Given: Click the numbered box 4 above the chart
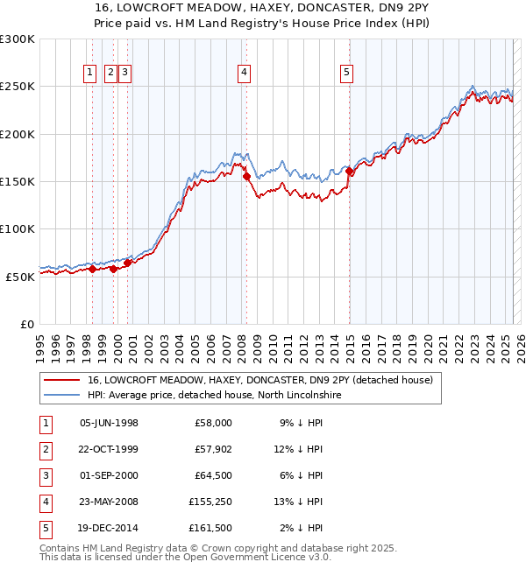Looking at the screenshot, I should click(x=243, y=74).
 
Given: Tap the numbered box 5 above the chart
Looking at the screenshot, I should click(x=347, y=74).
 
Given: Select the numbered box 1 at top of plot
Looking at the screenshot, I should click(x=90, y=74).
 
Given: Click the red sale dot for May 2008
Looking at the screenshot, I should click(x=246, y=176).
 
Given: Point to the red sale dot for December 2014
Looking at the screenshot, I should click(x=350, y=172).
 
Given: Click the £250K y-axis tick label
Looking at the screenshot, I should click(x=18, y=87).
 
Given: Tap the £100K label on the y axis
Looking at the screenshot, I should click(x=18, y=228).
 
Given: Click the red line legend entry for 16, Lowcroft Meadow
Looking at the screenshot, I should click(x=259, y=381).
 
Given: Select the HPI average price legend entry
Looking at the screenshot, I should click(x=214, y=396).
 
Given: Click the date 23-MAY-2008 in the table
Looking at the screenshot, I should click(x=109, y=502).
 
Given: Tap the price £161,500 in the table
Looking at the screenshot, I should click(x=210, y=528).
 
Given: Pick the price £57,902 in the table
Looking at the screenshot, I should click(x=210, y=449).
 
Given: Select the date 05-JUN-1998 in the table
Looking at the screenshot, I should click(x=109, y=423).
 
